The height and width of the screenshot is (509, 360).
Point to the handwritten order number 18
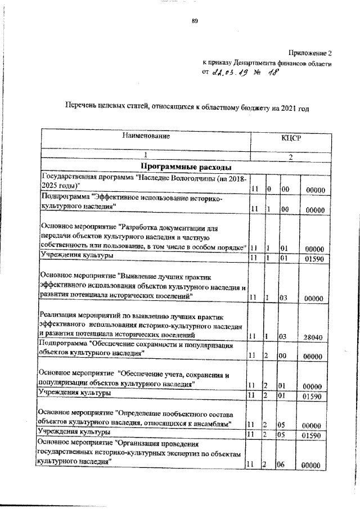[x=273, y=72]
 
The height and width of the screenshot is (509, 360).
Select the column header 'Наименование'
[x=146, y=136]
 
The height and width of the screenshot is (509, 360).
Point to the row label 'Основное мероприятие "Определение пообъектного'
[x=141, y=416]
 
